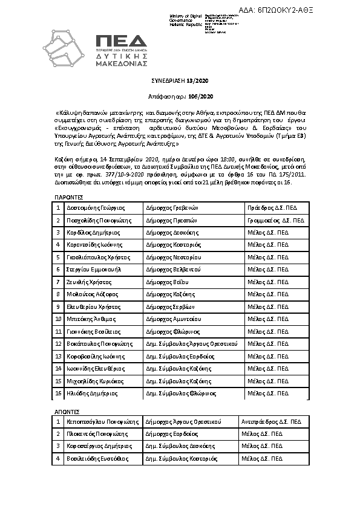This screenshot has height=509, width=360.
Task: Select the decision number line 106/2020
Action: pyautogui.click(x=180, y=96)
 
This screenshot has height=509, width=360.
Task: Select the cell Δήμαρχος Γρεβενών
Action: pyautogui.click(x=172, y=207)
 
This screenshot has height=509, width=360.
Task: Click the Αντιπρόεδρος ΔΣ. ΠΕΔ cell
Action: pyautogui.click(x=271, y=421)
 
